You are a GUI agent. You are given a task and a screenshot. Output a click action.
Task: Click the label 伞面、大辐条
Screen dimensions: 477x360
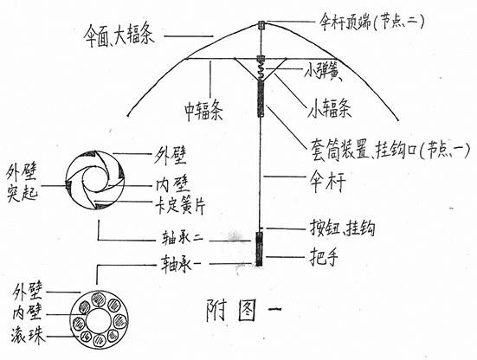119,35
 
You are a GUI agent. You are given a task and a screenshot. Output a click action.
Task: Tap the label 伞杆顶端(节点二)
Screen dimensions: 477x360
371,22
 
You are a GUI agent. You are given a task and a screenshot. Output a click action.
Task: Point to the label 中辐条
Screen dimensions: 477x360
204,112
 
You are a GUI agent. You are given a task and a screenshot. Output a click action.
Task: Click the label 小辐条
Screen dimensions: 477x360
330,108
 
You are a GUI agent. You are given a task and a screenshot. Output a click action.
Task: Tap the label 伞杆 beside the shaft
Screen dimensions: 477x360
327,181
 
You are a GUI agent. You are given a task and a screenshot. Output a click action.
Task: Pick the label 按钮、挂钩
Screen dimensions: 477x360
342,228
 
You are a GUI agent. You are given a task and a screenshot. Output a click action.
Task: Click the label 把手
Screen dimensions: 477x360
324,257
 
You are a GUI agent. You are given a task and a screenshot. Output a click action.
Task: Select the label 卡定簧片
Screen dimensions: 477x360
181,207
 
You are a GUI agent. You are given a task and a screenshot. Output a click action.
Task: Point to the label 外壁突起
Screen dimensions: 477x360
22,184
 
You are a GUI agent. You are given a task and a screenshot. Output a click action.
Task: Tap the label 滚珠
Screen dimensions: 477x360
28,336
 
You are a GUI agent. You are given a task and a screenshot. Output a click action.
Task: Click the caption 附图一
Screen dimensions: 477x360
243,310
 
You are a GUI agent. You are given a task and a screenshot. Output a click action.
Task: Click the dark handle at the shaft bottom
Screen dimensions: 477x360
259,248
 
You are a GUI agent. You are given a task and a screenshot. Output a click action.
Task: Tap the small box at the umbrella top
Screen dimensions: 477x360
261,25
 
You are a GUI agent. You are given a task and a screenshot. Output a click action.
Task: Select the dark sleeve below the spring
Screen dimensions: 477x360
261,97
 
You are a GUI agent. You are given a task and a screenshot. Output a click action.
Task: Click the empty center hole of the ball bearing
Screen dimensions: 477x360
99,320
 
